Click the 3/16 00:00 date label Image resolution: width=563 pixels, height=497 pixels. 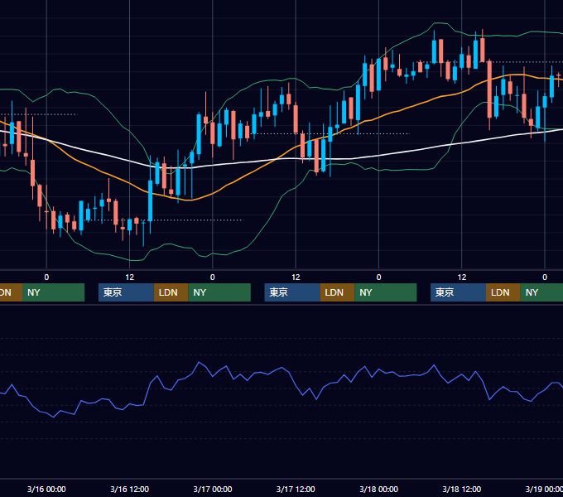tap(46, 489)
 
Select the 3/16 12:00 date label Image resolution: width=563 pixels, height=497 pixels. tap(129, 489)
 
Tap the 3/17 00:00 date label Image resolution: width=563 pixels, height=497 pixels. tap(213, 489)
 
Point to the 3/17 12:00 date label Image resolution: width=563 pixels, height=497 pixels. tap(296, 489)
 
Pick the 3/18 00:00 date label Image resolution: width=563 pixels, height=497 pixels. tap(379, 489)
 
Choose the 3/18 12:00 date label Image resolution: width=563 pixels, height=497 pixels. tap(462, 489)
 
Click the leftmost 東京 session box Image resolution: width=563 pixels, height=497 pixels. tap(126, 292)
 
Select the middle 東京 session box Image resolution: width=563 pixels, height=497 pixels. tap(292, 292)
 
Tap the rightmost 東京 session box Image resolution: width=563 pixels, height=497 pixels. tap(458, 292)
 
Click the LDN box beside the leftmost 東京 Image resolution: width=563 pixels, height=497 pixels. tap(171, 292)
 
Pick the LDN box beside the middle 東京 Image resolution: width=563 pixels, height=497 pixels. tap(337, 292)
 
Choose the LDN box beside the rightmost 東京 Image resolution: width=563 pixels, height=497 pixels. tap(503, 292)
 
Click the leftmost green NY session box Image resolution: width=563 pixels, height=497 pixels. tap(54, 292)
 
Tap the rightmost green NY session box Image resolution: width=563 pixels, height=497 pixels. tap(541, 292)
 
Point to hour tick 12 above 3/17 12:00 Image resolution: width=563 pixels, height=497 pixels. tap(296, 277)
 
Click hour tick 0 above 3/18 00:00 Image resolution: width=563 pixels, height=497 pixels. tap(379, 277)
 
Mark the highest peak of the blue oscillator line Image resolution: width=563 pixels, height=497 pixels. tap(200, 362)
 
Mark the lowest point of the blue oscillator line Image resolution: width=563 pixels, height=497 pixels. tap(54, 417)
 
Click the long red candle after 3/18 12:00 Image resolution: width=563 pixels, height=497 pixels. tap(489, 89)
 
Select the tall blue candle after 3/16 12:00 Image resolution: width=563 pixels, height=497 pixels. tap(151, 200)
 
